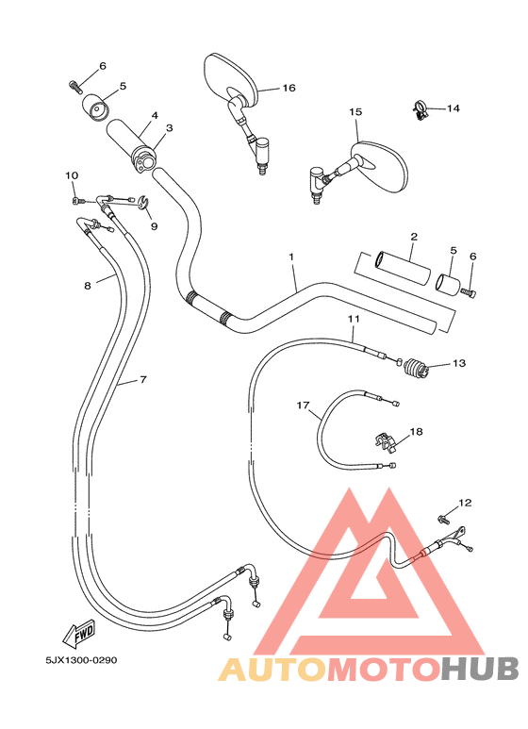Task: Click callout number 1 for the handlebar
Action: point(291,257)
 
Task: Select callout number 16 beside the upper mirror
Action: point(289,88)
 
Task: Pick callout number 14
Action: point(454,108)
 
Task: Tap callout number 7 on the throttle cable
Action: point(143,379)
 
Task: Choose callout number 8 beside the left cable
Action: point(88,284)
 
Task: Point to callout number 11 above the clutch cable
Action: point(353,320)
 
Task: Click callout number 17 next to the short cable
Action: point(303,406)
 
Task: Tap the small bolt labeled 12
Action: point(442,518)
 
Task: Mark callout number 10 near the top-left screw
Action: point(72,175)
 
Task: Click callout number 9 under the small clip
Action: point(154,226)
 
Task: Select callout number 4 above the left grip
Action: point(154,116)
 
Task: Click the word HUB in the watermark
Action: point(481,669)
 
